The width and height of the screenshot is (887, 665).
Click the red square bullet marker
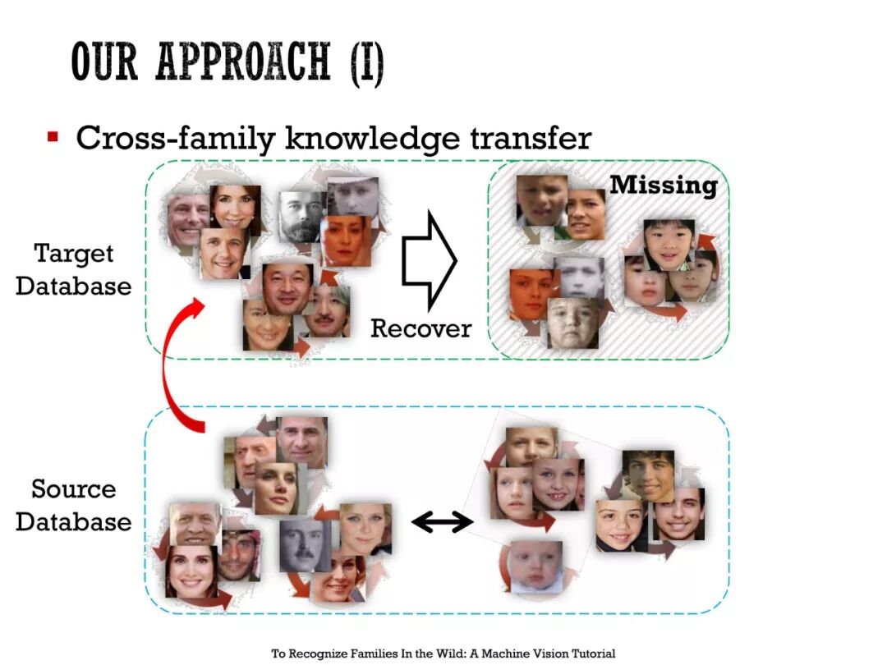53,136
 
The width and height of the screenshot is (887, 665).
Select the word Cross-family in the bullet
176,138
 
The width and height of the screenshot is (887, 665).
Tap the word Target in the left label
74,254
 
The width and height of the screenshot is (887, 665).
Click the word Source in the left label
74,489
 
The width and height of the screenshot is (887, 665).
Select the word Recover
421,328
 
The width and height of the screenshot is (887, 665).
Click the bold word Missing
664,185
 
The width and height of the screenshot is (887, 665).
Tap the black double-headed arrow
442,521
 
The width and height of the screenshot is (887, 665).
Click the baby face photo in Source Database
535,566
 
